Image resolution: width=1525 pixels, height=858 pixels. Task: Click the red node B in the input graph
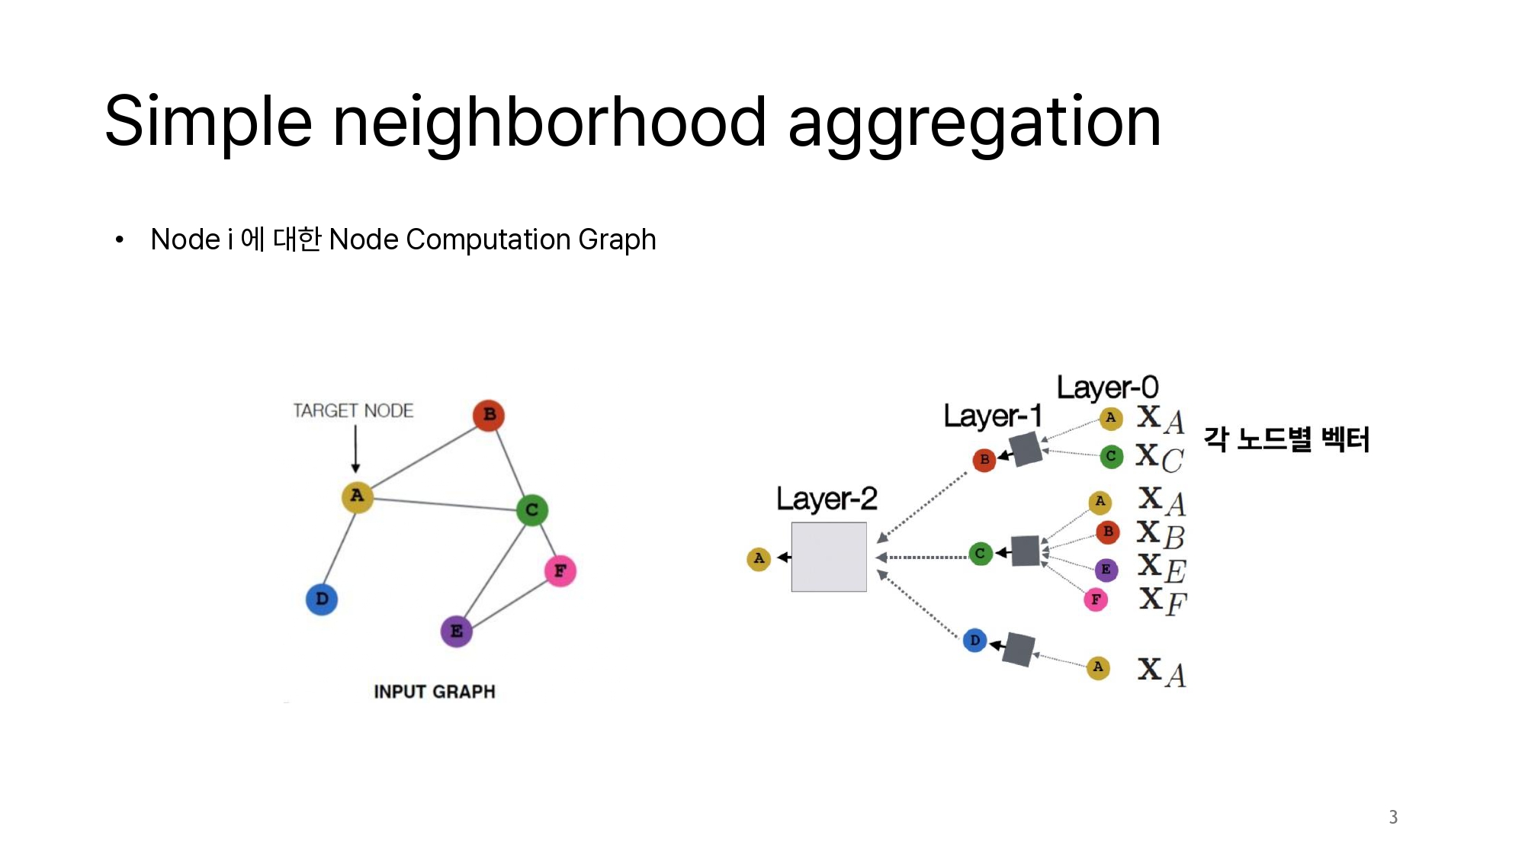pos(489,415)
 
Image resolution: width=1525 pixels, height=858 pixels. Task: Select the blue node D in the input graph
pos(322,599)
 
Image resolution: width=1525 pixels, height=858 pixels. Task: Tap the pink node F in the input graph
pos(560,570)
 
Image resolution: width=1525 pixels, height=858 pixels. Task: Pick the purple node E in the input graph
pos(456,631)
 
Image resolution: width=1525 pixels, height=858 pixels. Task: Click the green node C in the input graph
pos(531,509)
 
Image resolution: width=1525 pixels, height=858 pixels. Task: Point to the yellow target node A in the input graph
pos(357,496)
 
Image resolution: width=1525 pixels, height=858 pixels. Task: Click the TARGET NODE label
pos(353,411)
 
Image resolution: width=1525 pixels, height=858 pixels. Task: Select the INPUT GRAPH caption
pos(434,692)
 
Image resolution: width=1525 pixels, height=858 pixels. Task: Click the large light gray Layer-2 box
pos(829,557)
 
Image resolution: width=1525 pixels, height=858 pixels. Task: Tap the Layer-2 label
pos(827,500)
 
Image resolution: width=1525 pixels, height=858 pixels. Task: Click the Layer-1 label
pos(992,416)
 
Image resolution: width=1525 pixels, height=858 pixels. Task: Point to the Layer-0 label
pos(1107,387)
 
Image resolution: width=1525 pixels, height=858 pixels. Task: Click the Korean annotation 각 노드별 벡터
pos(1286,439)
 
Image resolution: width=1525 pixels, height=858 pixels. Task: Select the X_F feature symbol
pos(1162,601)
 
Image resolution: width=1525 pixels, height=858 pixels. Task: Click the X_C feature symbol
pos(1159,458)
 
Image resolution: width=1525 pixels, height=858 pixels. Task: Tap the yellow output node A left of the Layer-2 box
pos(759,559)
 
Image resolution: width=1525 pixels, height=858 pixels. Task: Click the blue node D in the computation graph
pos(974,641)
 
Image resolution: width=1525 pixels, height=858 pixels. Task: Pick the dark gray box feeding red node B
pos(1026,448)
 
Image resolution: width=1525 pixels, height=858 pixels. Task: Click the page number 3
pos(1393,818)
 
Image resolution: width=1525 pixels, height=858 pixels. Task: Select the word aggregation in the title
pos(974,123)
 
